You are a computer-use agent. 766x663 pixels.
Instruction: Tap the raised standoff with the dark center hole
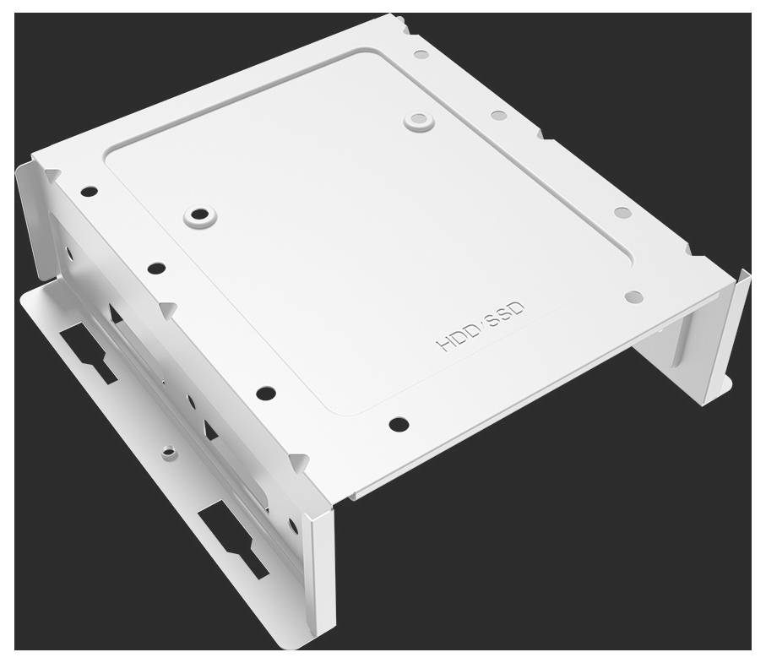200,216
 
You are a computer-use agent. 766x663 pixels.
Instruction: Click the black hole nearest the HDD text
399,424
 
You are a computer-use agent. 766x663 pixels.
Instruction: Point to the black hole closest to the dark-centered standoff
156,269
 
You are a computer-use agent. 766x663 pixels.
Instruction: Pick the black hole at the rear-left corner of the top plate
89,192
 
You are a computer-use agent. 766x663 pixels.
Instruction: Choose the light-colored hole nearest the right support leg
633,296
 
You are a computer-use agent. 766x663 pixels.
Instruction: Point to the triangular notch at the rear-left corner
52,175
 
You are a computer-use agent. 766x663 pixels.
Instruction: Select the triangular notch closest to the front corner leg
297,461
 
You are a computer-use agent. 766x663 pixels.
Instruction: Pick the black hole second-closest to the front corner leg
266,392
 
